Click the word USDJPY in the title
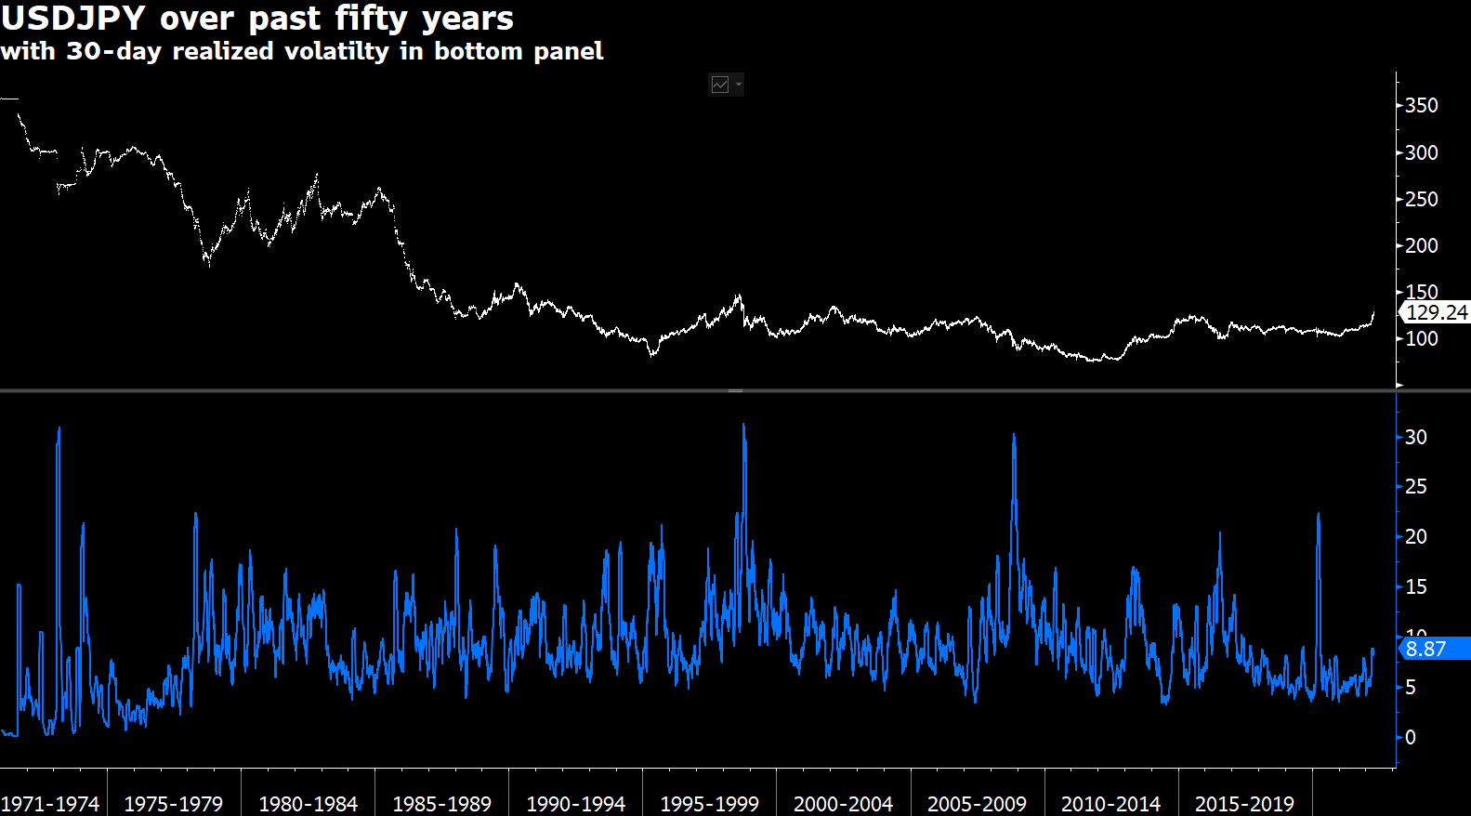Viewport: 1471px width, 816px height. [x=72, y=19]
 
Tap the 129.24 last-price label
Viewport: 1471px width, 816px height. [x=1436, y=313]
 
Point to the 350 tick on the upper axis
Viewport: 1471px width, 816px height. [x=1421, y=106]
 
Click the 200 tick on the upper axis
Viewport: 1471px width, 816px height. [x=1421, y=245]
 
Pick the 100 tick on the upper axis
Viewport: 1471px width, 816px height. [x=1421, y=338]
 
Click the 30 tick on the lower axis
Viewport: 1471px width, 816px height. [x=1415, y=437]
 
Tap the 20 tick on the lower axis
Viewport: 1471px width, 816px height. [x=1415, y=536]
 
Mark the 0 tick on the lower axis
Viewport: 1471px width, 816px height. [x=1411, y=737]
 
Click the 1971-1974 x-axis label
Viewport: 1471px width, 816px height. [x=50, y=804]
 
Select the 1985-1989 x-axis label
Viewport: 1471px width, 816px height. [x=441, y=804]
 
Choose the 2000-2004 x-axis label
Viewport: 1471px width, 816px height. [x=843, y=804]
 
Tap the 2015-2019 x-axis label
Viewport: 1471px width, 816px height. [x=1244, y=804]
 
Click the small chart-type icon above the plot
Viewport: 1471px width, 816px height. [x=720, y=85]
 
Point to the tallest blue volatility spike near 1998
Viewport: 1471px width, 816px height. [x=743, y=426]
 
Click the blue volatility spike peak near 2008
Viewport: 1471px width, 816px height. [x=1014, y=436]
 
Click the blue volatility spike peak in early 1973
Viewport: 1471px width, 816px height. [x=59, y=429]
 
